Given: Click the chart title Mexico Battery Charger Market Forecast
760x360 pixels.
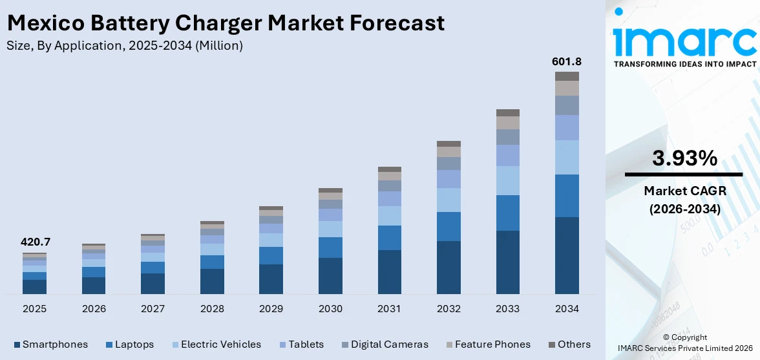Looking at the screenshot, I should click(226, 23).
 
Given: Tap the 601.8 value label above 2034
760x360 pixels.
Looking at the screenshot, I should click(566, 61).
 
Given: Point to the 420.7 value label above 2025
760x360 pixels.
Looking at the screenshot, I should click(36, 242).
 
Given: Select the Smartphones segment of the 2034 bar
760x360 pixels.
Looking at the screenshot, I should click(567, 255).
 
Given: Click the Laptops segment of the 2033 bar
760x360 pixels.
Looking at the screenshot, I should click(507, 213).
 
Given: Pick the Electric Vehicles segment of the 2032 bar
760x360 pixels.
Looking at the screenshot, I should click(449, 200).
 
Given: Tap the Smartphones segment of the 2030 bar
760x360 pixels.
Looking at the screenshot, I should click(330, 276).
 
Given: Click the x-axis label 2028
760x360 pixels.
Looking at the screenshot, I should click(212, 309).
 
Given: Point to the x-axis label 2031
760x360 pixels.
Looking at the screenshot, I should click(390, 309).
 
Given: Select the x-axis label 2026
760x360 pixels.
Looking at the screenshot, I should click(94, 309).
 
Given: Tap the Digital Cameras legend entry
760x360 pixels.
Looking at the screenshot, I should click(385, 344).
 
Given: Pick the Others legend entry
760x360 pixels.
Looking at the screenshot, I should click(569, 344).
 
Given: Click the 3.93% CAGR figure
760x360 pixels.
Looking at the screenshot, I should click(684, 158).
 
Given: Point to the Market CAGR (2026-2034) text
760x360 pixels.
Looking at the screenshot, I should click(684, 200).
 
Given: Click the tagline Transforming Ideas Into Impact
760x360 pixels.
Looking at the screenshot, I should click(684, 64).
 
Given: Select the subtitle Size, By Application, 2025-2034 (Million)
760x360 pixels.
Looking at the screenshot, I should click(125, 45).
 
